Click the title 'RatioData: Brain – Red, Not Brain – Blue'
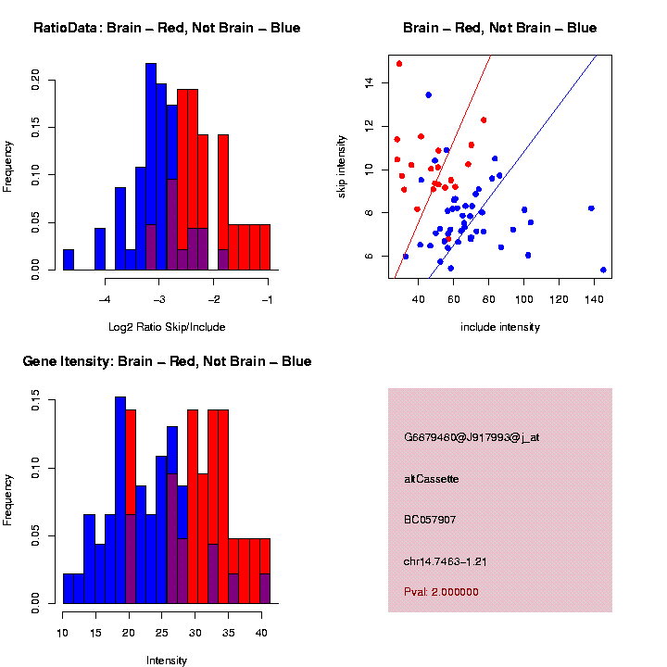click(167, 28)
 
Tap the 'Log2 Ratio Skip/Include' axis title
click(167, 326)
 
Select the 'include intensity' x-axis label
click(499, 326)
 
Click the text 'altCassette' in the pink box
click(431, 479)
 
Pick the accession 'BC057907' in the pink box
click(430, 520)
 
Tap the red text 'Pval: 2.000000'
click(441, 591)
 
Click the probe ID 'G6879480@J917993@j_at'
click(471, 437)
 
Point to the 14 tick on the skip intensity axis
click(367, 82)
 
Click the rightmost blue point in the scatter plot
click(603, 270)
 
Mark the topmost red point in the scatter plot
click(399, 64)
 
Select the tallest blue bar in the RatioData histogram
click(151, 167)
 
